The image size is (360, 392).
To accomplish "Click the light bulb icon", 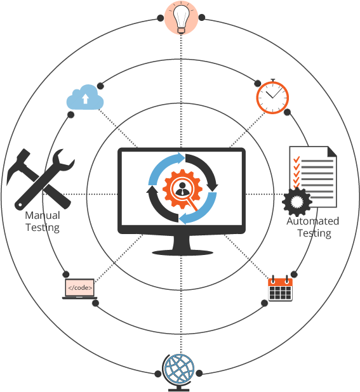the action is click(181, 18).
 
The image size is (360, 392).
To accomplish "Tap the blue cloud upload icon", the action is click(85, 98).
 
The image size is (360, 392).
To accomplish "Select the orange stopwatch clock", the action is click(272, 96).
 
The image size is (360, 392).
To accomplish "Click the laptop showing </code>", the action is click(80, 289).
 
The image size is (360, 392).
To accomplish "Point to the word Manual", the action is click(43, 215).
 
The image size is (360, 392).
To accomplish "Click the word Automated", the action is click(313, 221).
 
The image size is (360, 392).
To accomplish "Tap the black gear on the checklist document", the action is click(297, 202).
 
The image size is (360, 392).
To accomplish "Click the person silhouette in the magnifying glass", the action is click(182, 189).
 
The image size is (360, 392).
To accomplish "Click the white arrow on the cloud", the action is click(86, 99).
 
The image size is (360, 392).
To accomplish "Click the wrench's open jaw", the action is click(63, 160).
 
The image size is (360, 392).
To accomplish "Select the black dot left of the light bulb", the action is click(161, 18).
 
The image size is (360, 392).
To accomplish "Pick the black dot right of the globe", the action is click(199, 374).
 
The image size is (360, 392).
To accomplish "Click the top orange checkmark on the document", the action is click(297, 159).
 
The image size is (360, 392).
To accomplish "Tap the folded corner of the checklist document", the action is click(332, 151).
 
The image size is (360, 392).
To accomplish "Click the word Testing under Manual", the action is click(43, 228).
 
